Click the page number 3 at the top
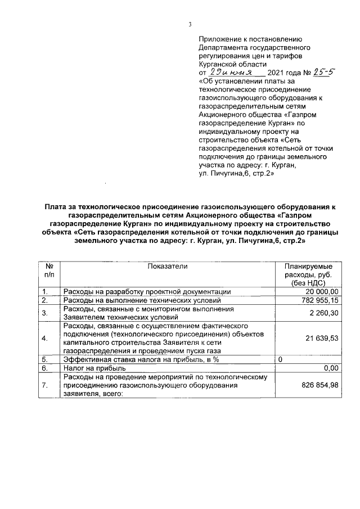[x=190, y=24]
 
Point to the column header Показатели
[x=167, y=266]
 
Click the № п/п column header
[x=49, y=270]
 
